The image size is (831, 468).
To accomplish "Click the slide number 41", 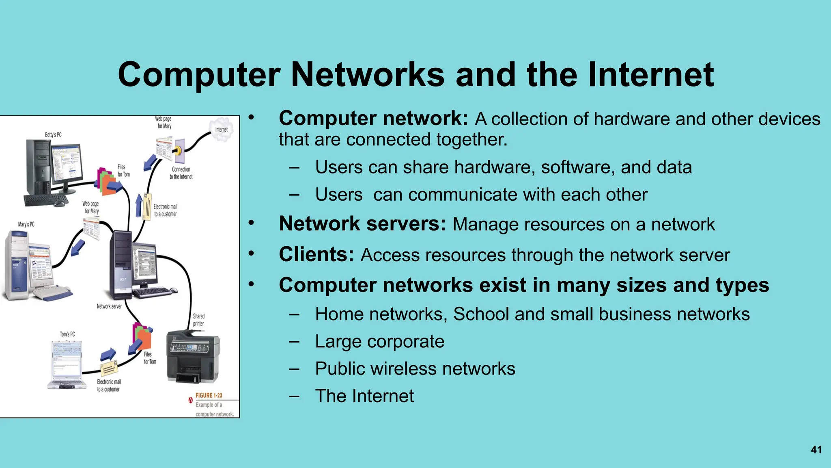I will click(816, 450).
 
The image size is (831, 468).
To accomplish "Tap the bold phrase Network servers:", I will click(362, 224).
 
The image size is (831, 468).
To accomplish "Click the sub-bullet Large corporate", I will click(379, 342).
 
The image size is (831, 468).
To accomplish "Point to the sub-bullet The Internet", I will click(364, 396).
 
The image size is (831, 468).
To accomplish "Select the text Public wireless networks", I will click(415, 369).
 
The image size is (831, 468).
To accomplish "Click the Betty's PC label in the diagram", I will click(53, 135).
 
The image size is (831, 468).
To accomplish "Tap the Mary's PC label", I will click(26, 224).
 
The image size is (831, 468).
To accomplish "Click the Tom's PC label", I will click(67, 334).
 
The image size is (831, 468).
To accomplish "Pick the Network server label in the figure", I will click(109, 306).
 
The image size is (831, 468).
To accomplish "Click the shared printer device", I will click(193, 357).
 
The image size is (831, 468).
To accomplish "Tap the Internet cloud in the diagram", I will click(222, 129).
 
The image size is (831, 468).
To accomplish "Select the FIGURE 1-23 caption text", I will click(209, 395).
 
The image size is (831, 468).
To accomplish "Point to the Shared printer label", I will click(198, 320).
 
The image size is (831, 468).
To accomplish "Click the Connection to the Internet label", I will click(181, 173).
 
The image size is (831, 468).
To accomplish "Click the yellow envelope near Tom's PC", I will click(109, 368).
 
